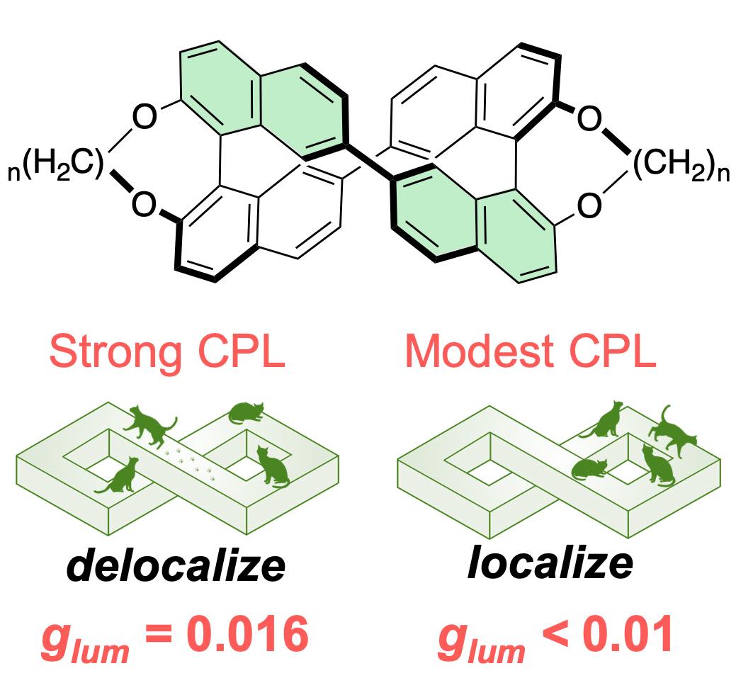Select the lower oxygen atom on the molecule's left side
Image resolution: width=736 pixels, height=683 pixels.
click(x=145, y=205)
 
